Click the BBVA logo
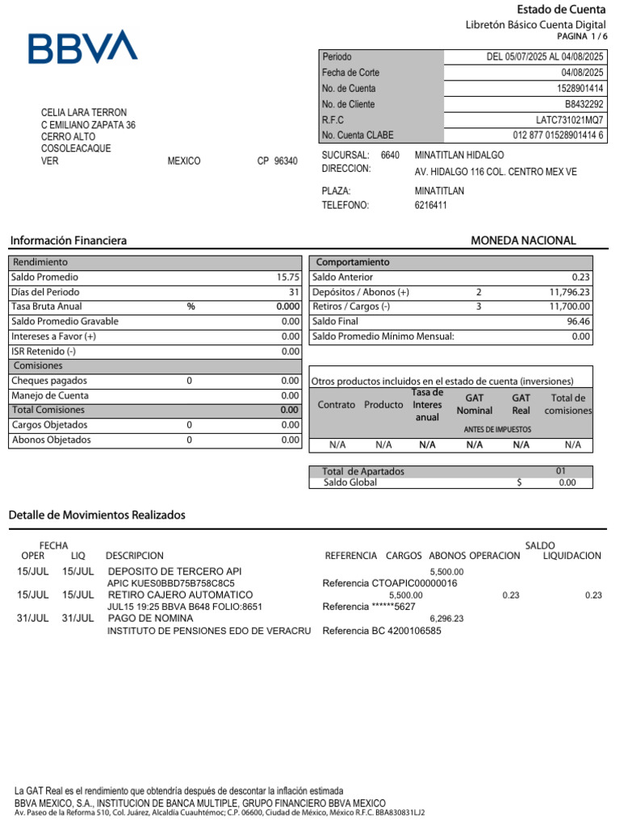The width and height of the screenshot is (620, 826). pyautogui.click(x=83, y=48)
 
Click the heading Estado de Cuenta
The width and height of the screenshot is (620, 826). pyautogui.click(x=561, y=10)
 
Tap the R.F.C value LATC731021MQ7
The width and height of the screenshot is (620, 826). pyautogui.click(x=570, y=120)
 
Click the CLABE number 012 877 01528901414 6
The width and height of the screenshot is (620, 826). pyautogui.click(x=558, y=136)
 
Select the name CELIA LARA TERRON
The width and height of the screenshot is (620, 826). pyautogui.click(x=84, y=113)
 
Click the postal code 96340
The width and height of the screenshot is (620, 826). pyautogui.click(x=285, y=161)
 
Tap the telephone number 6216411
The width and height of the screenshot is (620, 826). pyautogui.click(x=430, y=206)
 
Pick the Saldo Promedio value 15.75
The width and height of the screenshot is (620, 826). pyautogui.click(x=288, y=277)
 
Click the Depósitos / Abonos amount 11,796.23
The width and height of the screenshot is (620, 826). pyautogui.click(x=569, y=292)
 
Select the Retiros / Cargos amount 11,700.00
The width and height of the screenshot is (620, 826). pyautogui.click(x=569, y=307)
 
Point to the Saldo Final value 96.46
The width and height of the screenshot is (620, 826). pyautogui.click(x=578, y=322)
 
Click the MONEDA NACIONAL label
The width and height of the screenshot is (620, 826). pyautogui.click(x=523, y=241)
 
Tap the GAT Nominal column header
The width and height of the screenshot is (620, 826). pyautogui.click(x=474, y=404)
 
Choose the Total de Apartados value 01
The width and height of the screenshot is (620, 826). pyautogui.click(x=560, y=471)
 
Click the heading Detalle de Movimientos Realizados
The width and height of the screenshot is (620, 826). pyautogui.click(x=97, y=515)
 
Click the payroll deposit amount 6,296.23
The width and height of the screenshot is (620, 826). pyautogui.click(x=446, y=619)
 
